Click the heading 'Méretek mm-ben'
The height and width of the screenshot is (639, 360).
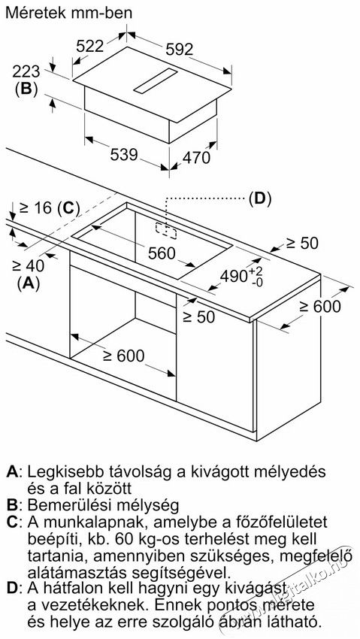coord(70,13)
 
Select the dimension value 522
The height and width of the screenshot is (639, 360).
coord(90,46)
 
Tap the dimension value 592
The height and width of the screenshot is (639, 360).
coord(179,50)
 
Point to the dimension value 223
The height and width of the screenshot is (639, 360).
coord(26,71)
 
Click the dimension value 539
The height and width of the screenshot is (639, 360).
coord(124,155)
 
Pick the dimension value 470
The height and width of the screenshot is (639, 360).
coord(196,158)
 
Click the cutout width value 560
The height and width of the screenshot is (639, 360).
coord(162,253)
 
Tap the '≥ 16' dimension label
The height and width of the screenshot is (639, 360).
coord(36,208)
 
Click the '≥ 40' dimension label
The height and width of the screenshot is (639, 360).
coord(28,266)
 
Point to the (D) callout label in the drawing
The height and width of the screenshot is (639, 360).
coord(260,198)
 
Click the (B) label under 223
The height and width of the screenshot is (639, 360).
coord(26,89)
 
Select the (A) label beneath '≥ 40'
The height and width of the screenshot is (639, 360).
coord(28,283)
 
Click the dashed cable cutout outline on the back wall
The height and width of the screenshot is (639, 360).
coord(166,231)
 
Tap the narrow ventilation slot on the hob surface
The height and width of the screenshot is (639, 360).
coord(156,80)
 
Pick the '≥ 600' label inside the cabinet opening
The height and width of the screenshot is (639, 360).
coord(124,356)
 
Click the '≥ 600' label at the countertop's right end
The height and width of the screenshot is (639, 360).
coord(320,306)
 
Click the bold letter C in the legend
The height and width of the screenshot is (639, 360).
coord(13,522)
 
